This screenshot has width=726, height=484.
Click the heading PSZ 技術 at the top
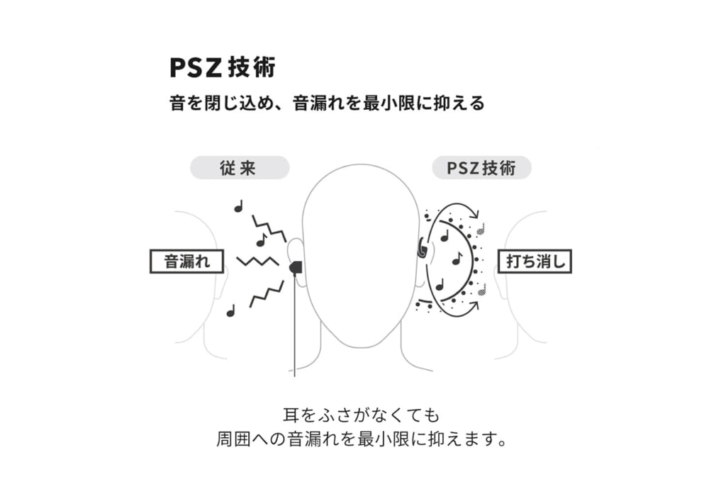tap(223, 67)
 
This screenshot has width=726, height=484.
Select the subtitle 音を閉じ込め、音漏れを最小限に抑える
tap(327, 103)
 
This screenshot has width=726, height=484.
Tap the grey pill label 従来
tap(240, 167)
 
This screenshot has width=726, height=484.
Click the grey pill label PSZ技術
tap(481, 167)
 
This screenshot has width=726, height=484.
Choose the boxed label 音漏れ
tap(187, 261)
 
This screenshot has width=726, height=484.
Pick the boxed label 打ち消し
tap(535, 261)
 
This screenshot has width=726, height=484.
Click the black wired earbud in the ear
tap(296, 267)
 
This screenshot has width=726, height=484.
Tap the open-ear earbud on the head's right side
tap(421, 247)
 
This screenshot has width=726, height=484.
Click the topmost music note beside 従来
tap(239, 206)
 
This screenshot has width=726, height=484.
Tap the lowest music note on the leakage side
tap(230, 310)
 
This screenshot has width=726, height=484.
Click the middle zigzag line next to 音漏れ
tap(258, 261)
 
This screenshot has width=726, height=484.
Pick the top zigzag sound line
tap(269, 228)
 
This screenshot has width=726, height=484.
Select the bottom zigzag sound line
tap(267, 294)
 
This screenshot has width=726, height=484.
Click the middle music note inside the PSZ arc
tap(457, 259)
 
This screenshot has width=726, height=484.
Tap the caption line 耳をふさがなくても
tap(361, 415)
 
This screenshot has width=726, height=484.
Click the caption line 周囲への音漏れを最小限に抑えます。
tap(361, 439)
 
